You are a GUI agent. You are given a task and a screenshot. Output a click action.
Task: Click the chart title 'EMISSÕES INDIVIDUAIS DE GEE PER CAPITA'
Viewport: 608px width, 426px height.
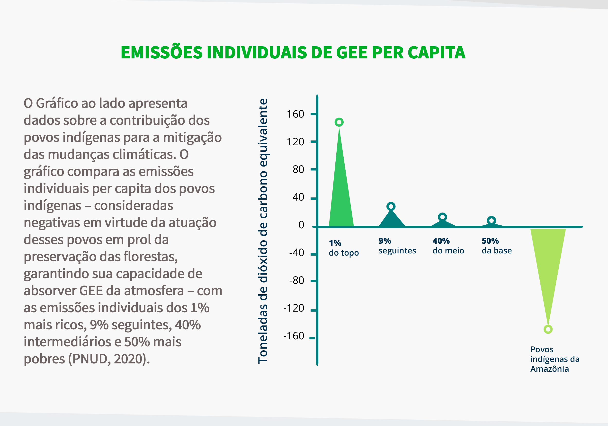(293, 53)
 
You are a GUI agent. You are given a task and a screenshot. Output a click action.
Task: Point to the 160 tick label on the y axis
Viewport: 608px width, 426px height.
(295, 114)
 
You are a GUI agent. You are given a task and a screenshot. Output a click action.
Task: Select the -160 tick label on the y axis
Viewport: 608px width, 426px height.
(294, 336)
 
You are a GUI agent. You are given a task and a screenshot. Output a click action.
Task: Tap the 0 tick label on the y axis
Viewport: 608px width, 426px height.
(301, 225)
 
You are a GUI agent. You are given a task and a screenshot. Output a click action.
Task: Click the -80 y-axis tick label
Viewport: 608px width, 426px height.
(297, 280)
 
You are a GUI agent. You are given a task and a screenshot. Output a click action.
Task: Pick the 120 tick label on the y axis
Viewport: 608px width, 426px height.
(295, 142)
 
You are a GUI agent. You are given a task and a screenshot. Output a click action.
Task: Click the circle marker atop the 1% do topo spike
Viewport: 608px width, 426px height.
(339, 122)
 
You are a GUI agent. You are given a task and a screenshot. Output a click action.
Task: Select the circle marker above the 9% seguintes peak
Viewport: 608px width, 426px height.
(391, 206)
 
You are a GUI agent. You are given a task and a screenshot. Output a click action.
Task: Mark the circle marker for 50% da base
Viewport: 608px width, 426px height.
(492, 221)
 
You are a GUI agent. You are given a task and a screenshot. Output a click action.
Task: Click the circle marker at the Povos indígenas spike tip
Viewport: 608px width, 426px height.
(548, 330)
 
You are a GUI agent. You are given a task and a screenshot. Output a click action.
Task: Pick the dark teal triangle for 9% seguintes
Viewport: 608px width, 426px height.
(392, 220)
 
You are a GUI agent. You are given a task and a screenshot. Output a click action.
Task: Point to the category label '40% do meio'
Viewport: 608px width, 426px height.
(448, 246)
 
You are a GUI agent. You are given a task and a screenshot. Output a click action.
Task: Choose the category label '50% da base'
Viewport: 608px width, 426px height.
(497, 246)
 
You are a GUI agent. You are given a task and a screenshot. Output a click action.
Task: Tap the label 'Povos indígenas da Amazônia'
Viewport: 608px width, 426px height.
(554, 359)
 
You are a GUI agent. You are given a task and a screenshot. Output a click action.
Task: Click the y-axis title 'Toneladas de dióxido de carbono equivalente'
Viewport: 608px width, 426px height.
(263, 231)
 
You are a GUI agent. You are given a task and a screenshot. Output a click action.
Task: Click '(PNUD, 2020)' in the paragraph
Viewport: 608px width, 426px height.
(109, 359)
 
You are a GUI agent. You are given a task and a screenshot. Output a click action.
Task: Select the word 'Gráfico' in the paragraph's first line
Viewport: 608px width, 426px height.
(57, 103)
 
